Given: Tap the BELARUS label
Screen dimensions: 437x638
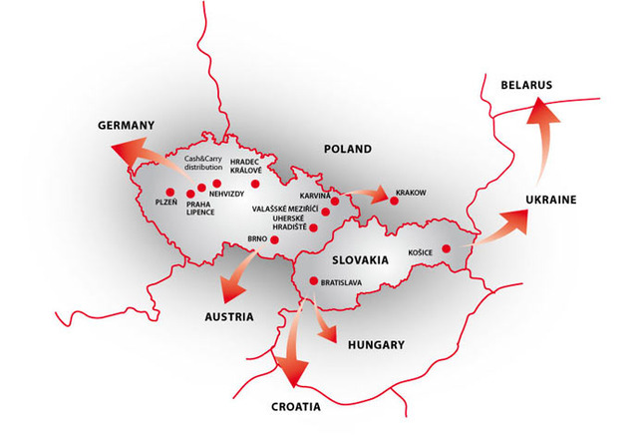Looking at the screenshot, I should (526, 86).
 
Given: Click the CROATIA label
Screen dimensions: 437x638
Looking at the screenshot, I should (295, 407).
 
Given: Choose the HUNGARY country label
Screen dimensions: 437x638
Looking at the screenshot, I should (375, 344).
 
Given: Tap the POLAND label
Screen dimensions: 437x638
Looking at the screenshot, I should (347, 149).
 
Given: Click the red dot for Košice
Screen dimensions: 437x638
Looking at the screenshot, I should (447, 249).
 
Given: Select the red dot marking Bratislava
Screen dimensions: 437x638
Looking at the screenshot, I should (313, 280).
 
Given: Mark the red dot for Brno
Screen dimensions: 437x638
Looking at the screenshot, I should (275, 239).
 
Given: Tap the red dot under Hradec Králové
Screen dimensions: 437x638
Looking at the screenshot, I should (255, 184).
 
